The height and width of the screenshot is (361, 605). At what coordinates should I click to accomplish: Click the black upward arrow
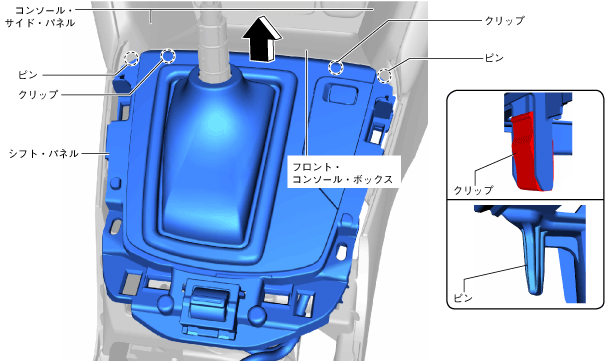coord(262,40)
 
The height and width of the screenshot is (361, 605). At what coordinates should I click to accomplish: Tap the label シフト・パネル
coord(44,154)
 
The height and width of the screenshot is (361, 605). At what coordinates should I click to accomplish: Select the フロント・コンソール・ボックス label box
coord(343,173)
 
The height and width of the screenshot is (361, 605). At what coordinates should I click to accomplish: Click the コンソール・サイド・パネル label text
coord(40,16)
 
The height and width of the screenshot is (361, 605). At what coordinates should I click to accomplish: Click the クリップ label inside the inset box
coord(473,190)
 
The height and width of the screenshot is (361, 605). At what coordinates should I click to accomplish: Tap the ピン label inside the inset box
coord(463,298)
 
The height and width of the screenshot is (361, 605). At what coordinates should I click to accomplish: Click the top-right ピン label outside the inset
coord(494,58)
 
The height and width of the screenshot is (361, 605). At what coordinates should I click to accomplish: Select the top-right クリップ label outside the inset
coord(504,20)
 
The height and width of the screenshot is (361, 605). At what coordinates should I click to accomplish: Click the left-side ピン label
coord(28,74)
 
